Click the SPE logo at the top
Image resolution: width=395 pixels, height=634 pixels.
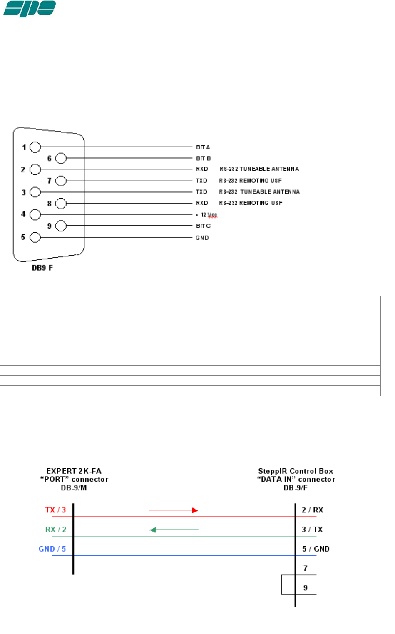[x=29, y=9]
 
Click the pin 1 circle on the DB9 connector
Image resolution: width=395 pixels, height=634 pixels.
[x=35, y=147]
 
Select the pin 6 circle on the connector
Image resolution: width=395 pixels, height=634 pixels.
[x=61, y=158]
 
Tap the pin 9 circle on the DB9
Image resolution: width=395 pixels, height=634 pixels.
[x=61, y=226]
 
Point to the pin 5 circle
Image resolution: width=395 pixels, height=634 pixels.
[x=35, y=237]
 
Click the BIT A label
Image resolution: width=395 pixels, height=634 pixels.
[x=203, y=147]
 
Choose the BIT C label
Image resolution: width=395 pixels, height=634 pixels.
[x=203, y=226]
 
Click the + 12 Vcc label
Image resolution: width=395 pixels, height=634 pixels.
[x=206, y=215]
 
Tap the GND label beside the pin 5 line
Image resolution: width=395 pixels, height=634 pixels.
[x=202, y=238]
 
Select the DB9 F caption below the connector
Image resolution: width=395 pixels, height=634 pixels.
[x=42, y=268]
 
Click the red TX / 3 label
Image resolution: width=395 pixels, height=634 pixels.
[x=55, y=510]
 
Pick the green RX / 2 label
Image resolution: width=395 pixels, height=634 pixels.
[x=56, y=530]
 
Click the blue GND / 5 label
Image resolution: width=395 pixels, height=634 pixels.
[x=52, y=549]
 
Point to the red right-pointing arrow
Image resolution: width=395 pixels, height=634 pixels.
[x=174, y=510]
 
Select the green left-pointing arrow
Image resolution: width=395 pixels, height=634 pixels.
[x=174, y=530]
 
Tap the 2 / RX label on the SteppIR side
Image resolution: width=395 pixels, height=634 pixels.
[x=313, y=510]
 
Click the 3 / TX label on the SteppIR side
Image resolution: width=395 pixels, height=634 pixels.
[x=312, y=530]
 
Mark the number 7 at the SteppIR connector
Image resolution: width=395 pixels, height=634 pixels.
[x=306, y=568]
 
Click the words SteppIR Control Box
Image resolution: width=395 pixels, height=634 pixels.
[x=296, y=471]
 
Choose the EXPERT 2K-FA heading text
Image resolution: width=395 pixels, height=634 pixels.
[x=74, y=471]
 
